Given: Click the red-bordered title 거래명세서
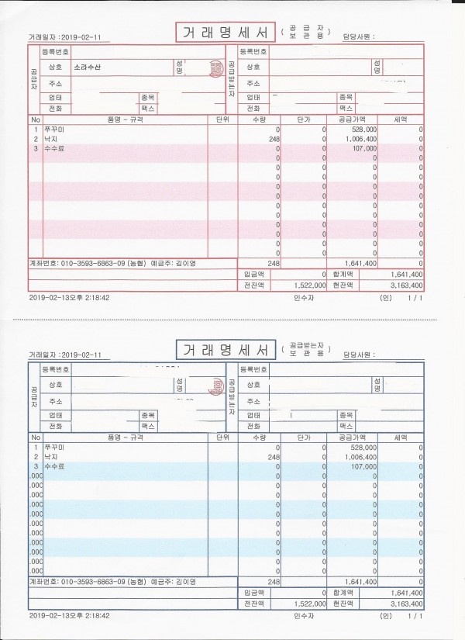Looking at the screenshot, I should point(224,33).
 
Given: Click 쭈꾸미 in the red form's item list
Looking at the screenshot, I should point(53,130).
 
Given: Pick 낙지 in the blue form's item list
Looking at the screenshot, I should point(50,457).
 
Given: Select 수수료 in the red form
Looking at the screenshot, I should point(54,147).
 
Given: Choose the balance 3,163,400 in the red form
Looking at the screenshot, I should point(406,285).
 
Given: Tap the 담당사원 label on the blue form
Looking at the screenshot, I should point(358,354).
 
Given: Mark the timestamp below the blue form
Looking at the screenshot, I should point(69,615).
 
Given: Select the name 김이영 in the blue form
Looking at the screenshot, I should point(185,582).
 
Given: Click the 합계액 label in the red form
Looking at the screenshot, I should point(343,274).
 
